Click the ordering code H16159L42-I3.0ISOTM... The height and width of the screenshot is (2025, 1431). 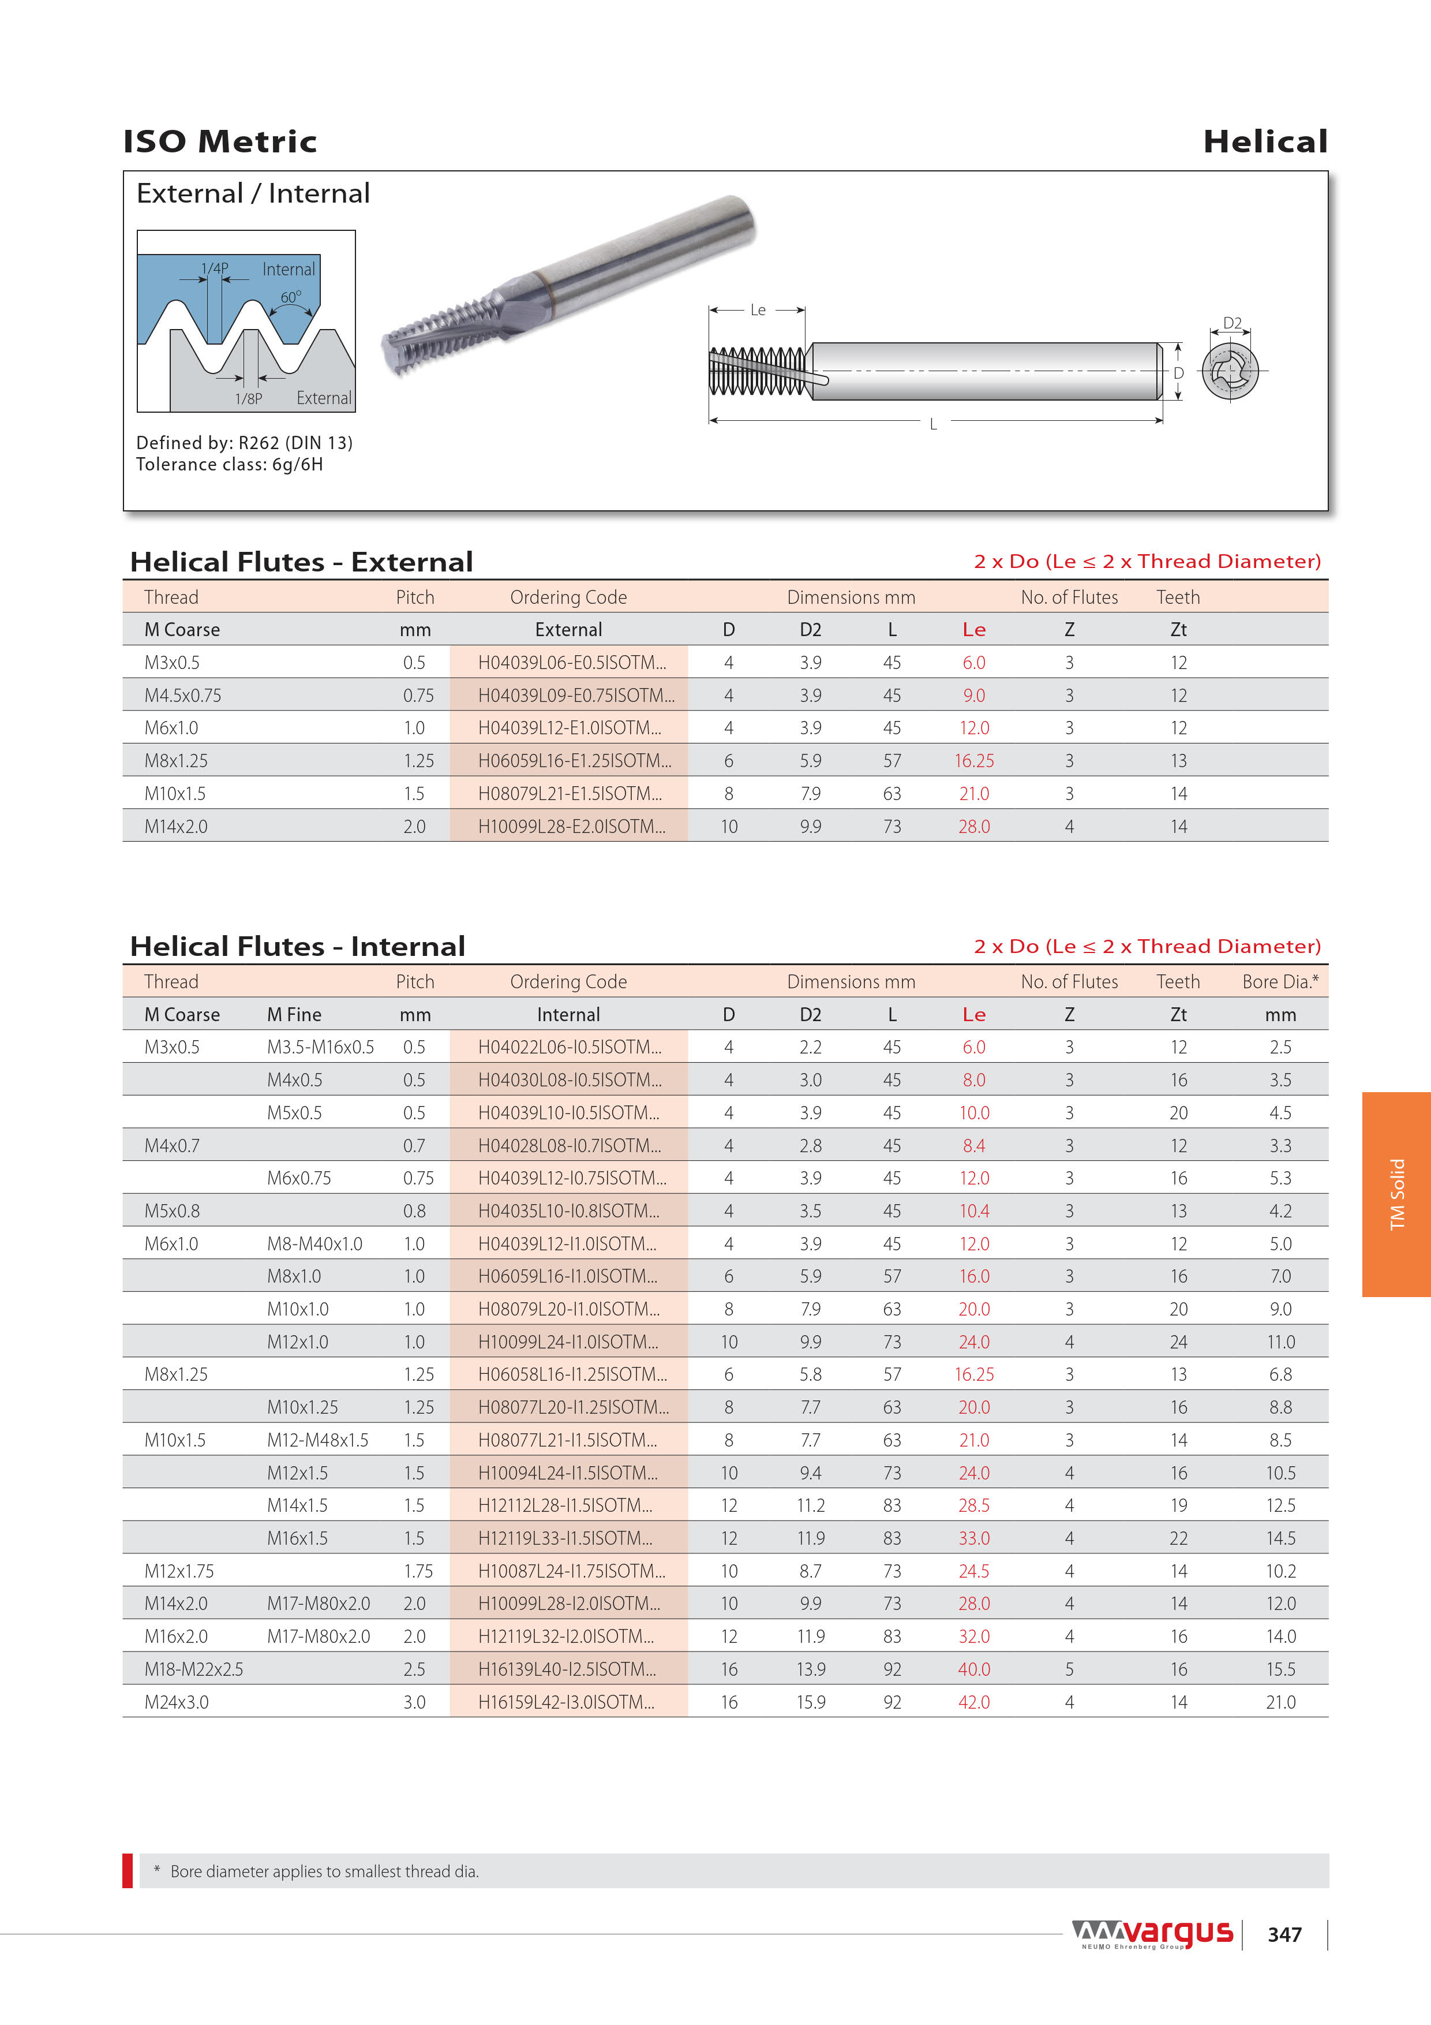[566, 1702]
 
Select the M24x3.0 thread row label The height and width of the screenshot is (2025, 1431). [177, 1702]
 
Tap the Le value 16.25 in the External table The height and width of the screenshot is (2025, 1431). [973, 760]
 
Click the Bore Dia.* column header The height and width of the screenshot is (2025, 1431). [1279, 982]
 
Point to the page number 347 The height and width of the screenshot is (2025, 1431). [1284, 1934]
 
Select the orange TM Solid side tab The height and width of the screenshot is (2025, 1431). [1396, 1194]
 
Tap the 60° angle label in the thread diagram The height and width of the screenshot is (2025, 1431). [290, 297]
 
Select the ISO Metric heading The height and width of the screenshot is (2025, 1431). [219, 141]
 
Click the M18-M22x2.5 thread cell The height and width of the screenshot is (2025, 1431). [194, 1669]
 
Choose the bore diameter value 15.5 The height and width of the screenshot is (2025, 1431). [1280, 1669]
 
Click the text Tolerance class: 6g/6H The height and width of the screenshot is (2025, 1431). [229, 465]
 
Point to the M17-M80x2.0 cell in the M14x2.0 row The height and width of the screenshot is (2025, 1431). [319, 1604]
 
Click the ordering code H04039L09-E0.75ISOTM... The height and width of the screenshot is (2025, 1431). [576, 695]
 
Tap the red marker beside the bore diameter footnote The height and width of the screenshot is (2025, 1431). [128, 1871]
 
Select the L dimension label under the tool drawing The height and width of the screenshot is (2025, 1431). [933, 424]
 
